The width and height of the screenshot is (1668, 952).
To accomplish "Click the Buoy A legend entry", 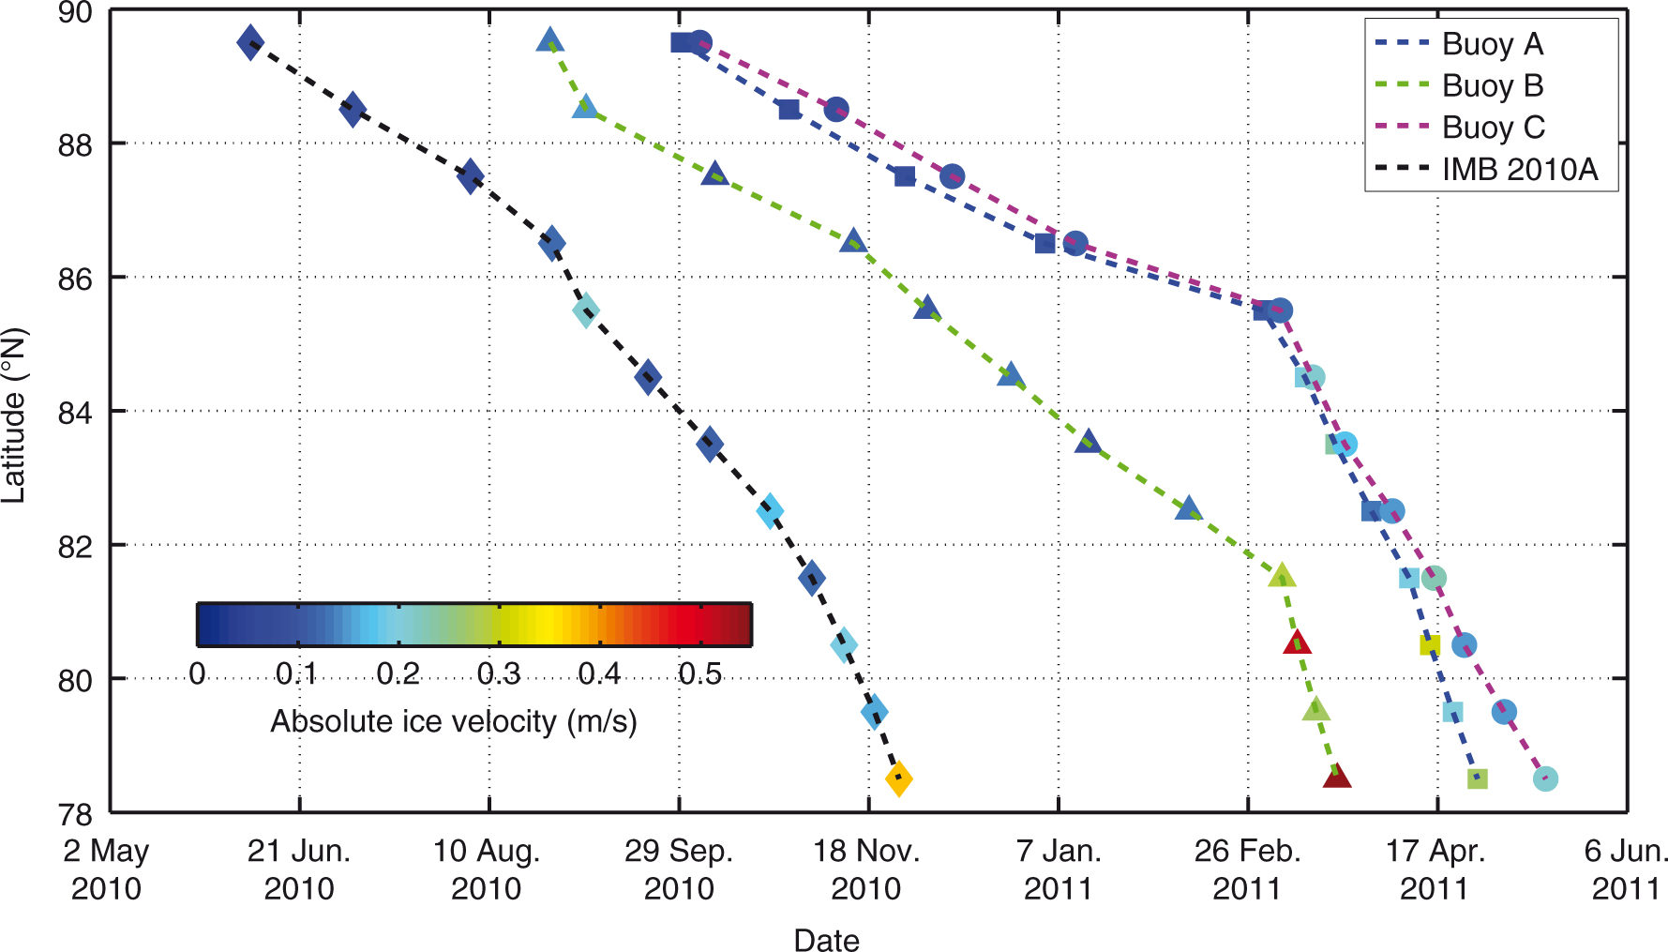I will point(1492,44).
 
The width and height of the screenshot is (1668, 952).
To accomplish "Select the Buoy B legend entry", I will point(1492,85).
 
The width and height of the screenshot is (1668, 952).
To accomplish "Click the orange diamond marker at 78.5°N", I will point(898,778).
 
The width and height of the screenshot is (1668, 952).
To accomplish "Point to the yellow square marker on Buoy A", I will point(1429,645).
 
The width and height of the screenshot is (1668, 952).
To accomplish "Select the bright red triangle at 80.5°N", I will point(1298,643).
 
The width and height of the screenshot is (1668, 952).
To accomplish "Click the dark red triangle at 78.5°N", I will point(1337,777).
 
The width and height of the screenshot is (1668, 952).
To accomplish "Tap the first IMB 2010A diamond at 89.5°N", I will point(250,42).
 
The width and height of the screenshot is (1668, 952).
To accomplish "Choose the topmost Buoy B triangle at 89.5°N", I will point(549,40).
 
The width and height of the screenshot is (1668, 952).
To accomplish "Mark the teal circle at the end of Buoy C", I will point(1545,778).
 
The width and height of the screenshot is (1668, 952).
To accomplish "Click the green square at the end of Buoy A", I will point(1477,778).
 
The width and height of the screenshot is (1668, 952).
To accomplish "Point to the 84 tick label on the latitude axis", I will point(76,412).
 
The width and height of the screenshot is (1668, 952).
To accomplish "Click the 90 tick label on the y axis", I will point(76,13).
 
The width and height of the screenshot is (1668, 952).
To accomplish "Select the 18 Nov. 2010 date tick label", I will point(866,869).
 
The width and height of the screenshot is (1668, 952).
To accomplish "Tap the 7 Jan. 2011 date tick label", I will point(1059,869).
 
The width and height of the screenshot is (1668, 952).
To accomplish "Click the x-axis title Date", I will point(826,940).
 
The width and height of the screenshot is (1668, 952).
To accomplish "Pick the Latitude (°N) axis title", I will point(14,416).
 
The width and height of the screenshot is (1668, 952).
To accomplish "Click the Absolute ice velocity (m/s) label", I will point(454,721).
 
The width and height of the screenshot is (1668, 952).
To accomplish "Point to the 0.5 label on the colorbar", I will point(699,673).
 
